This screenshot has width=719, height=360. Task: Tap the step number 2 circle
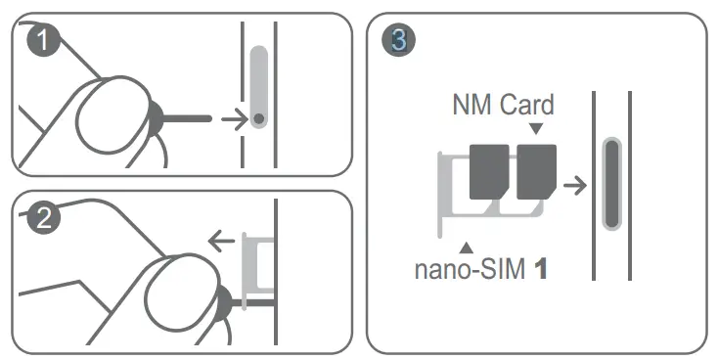click(x=42, y=218)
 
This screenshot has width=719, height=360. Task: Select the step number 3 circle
click(x=398, y=40)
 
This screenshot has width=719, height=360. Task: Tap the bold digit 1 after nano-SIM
click(x=538, y=267)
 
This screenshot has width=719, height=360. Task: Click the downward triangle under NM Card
click(x=535, y=128)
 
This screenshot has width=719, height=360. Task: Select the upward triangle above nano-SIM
click(x=468, y=246)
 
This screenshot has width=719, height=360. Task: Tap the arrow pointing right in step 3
click(x=577, y=184)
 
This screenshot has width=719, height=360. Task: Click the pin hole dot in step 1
click(x=258, y=118)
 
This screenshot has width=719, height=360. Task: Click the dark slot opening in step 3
click(x=611, y=183)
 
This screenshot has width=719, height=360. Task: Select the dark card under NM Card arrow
click(x=536, y=171)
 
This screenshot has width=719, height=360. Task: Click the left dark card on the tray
click(x=489, y=171)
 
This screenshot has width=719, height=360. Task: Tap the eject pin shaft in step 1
click(x=191, y=118)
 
